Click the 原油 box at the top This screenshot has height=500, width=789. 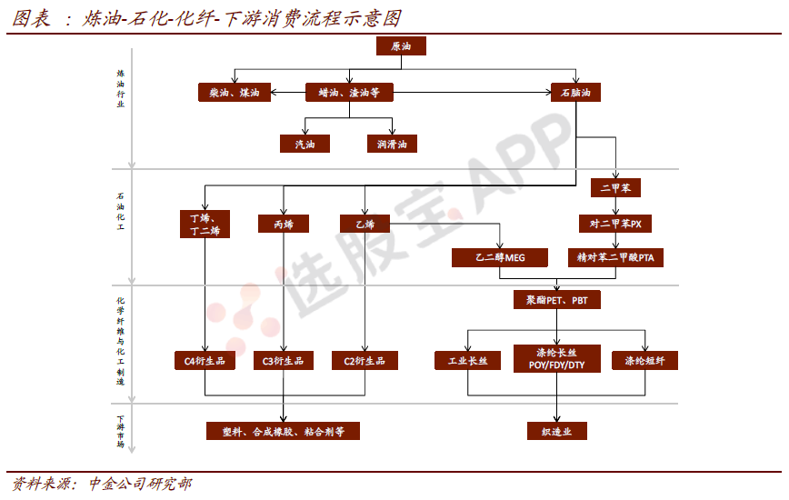401,45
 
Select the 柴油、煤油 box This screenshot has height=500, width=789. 235,93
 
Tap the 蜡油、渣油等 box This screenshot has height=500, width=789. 349,93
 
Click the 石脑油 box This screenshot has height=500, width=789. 575,93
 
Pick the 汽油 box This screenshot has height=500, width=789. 305,144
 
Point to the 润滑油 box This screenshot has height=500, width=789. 392,144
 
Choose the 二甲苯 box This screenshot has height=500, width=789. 615,187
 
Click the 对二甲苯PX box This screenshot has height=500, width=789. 614,224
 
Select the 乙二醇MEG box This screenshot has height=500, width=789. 500,257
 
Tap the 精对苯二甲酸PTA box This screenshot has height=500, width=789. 615,257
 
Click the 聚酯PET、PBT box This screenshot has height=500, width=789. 556,300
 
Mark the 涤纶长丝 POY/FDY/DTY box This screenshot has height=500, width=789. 556,359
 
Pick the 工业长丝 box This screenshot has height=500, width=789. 467,361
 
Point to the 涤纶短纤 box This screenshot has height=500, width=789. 644,361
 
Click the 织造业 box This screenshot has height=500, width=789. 556,431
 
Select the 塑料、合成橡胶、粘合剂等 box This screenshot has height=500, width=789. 283,431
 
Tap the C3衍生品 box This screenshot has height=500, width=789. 284,361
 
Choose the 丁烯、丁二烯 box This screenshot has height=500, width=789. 205,224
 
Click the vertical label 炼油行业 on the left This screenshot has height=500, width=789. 121,89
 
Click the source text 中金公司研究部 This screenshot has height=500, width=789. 140,484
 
